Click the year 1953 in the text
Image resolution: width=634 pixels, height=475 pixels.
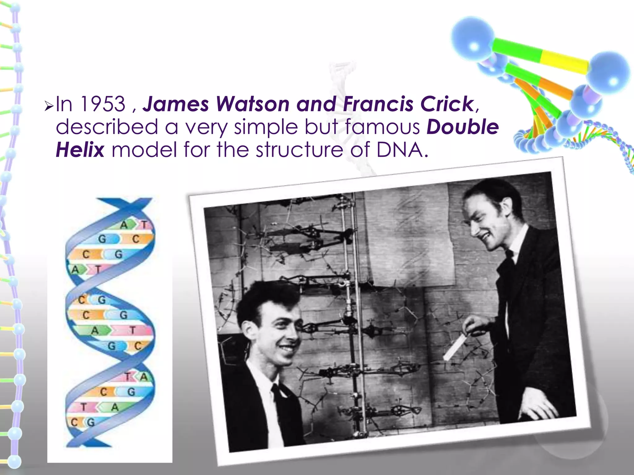(x=102, y=104)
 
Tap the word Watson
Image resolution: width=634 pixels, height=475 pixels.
(x=253, y=104)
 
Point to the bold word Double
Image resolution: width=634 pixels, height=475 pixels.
(x=462, y=127)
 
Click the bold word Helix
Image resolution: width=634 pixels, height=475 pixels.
(x=80, y=150)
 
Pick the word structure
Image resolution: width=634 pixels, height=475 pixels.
(x=299, y=150)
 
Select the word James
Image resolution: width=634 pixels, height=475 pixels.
(x=176, y=104)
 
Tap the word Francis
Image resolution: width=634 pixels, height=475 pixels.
(x=378, y=104)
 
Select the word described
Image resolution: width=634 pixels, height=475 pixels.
(x=107, y=127)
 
